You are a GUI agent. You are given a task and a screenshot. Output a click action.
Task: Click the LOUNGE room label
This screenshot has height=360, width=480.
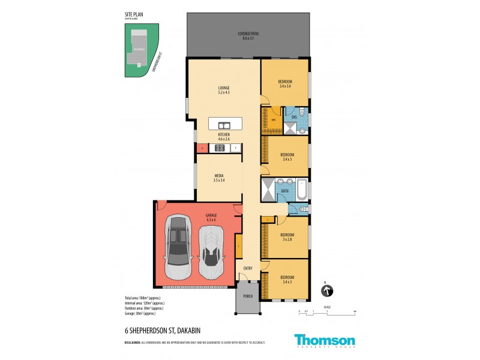pos(224,88)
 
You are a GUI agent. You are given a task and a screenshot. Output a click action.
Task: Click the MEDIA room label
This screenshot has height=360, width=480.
pos(218,176)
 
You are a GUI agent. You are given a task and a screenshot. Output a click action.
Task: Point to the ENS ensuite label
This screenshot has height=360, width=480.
pos(294,118)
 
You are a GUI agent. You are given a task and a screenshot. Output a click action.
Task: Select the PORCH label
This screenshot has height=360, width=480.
pos(248,297)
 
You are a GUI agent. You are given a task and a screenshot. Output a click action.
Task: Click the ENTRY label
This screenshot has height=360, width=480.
pos(247,268)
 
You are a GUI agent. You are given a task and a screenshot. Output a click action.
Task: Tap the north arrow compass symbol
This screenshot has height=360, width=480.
pos(328,292)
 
